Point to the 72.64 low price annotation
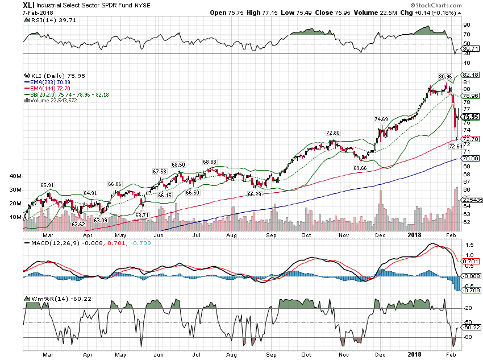coord(456,146)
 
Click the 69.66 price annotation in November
coord(360,168)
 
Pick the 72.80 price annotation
coord(332,133)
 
